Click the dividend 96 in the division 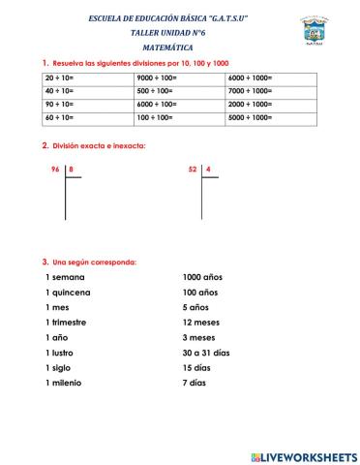55,170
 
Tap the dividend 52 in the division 193,170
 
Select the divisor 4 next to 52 208,170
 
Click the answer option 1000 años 202,277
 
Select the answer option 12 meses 202,323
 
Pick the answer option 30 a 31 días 206,353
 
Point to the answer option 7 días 195,383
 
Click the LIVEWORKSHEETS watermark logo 302,455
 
